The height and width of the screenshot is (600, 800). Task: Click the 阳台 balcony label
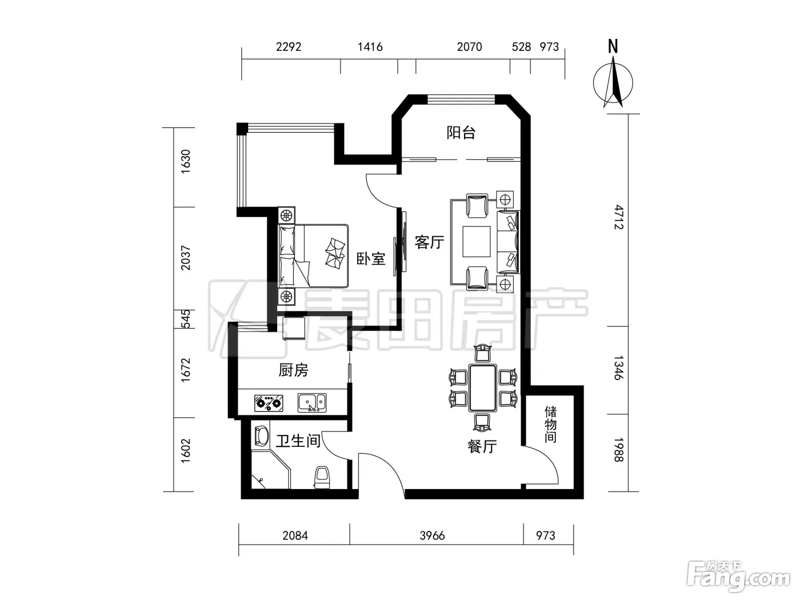pos(461,133)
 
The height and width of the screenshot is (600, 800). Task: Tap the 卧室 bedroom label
pos(371,259)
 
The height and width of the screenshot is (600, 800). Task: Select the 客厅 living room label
pos(429,242)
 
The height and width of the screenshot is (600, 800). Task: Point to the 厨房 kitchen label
pos(293,370)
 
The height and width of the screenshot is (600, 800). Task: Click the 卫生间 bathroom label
pos(298,441)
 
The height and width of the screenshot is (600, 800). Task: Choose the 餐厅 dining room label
pos(482,446)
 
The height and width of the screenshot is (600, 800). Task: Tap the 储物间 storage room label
pos(550,425)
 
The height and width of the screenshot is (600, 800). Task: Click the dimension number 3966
pos(432,535)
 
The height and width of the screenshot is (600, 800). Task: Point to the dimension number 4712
pos(619,217)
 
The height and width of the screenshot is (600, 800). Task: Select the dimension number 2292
pos(289,47)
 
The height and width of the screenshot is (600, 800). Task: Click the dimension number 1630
pos(186,161)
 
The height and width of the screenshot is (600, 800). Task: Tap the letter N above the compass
pos(613,47)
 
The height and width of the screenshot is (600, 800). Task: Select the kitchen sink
pos(312,402)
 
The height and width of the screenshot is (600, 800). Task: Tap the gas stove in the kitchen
pos(269,403)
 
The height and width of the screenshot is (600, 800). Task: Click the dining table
pos(483,387)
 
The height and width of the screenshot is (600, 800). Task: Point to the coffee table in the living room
pos(477,242)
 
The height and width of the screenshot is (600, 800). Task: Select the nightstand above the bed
pos(286,215)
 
